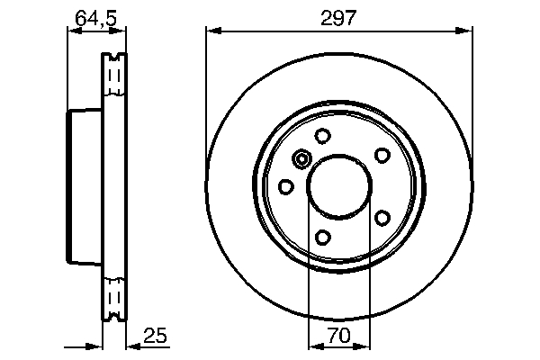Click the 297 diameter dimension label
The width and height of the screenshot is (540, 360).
(339, 17)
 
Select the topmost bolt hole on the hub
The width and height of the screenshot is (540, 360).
(321, 136)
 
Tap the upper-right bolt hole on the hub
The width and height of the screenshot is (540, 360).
(381, 155)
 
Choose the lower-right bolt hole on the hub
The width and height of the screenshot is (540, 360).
(381, 218)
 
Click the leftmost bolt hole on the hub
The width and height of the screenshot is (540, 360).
(285, 186)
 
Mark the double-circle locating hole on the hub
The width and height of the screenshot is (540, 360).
(301, 160)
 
